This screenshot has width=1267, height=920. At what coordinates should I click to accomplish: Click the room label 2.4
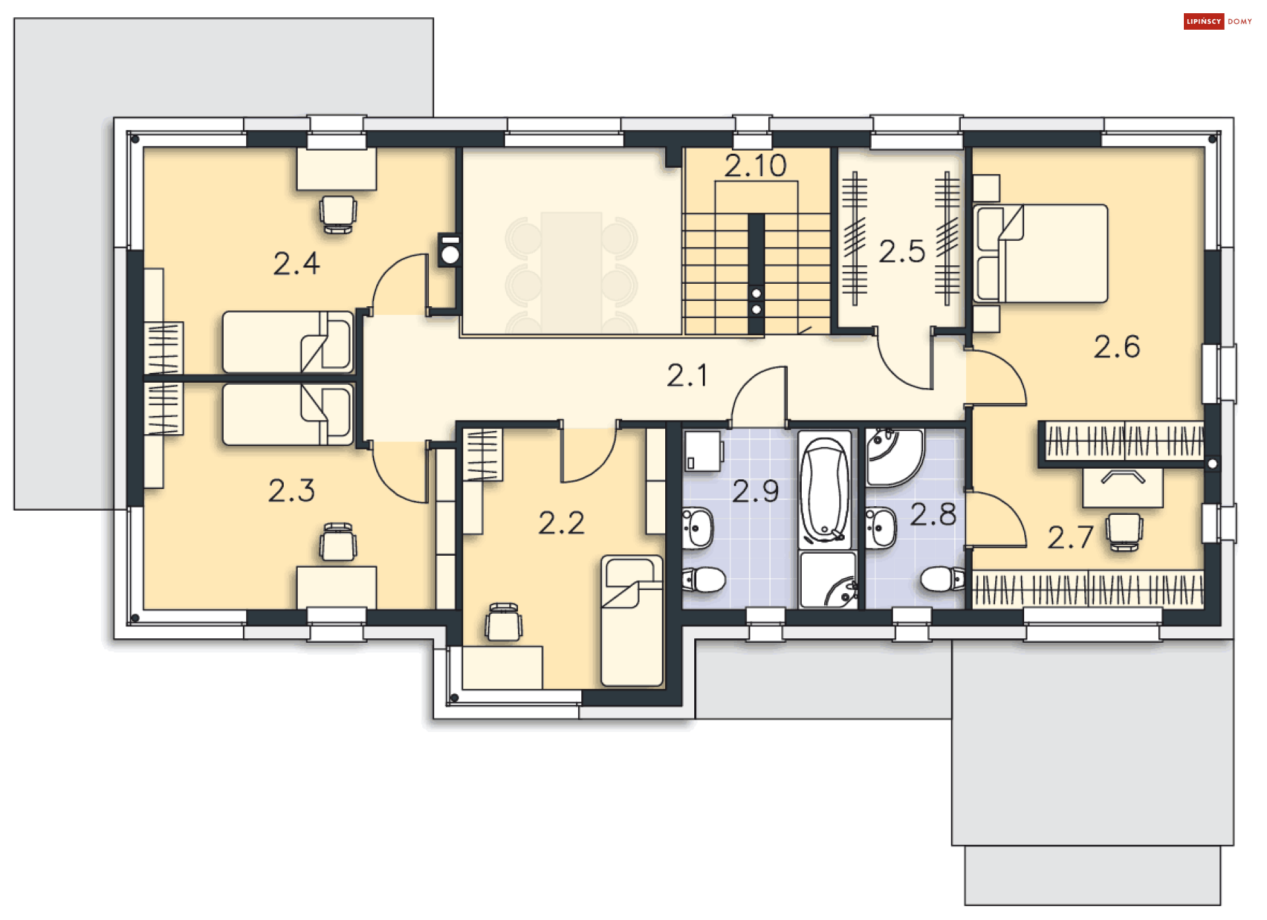[x=296, y=264]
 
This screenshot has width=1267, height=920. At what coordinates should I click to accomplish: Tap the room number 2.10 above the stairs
[x=755, y=166]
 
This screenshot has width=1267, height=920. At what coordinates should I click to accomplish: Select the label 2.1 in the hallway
[x=687, y=376]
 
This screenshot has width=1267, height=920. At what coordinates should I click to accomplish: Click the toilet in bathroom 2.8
[x=942, y=579]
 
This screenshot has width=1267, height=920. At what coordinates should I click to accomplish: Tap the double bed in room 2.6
[x=1041, y=253]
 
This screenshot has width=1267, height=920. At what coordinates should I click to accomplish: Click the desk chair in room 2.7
[x=1124, y=531]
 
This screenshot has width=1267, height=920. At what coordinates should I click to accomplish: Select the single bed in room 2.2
[x=632, y=620]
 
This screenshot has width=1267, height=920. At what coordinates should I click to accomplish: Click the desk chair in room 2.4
[x=338, y=213]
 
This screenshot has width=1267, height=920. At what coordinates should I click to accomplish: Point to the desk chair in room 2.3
[x=338, y=542]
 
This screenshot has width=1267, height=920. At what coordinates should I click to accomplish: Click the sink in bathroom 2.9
[x=698, y=528]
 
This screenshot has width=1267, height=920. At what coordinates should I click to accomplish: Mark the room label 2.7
[x=1070, y=538]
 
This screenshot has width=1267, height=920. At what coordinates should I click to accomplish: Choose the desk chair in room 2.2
[x=504, y=622]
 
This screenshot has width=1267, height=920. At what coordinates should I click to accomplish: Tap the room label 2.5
[x=901, y=252]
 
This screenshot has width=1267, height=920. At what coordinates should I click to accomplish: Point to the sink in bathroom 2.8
[x=881, y=528]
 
